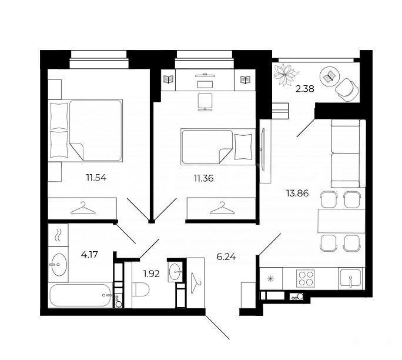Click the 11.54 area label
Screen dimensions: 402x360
(96, 178)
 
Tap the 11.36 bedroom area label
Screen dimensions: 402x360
(203, 178)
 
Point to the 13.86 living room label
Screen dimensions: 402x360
(297, 193)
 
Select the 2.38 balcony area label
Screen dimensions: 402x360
(305, 89)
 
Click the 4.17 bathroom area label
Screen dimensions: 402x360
(89, 255)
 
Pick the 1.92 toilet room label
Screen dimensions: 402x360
(152, 274)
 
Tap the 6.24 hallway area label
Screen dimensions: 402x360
(226, 256)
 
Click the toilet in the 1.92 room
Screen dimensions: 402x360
(140, 289)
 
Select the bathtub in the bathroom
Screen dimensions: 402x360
(81, 295)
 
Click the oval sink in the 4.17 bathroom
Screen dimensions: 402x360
(59, 265)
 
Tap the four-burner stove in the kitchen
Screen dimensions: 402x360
(306, 278)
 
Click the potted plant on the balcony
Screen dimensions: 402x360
(286, 75)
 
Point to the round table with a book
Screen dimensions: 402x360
(330, 76)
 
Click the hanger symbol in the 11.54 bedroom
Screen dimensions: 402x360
(83, 208)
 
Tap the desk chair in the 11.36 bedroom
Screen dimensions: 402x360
(205, 102)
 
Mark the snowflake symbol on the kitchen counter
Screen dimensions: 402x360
(270, 279)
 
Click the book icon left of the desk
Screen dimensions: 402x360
(169, 79)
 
